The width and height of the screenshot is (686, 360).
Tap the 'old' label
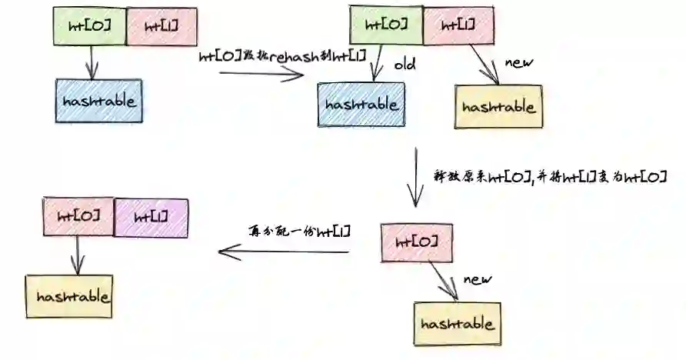[x=405, y=65]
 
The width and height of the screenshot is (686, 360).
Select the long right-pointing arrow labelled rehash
[x=261, y=74]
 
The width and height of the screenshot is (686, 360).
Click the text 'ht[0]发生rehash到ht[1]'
[x=282, y=55]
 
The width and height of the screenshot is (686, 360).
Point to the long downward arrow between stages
[x=415, y=176]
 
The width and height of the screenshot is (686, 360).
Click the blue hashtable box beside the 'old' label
[x=360, y=105]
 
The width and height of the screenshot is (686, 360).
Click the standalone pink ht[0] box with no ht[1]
[x=415, y=242]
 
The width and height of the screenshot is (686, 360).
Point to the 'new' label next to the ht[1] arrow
[x=518, y=62]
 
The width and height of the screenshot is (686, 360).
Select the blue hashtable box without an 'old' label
[x=99, y=101]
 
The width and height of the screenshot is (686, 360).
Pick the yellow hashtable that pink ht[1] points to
[x=498, y=107]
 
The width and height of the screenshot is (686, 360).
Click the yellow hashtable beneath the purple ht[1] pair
[x=69, y=296]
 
